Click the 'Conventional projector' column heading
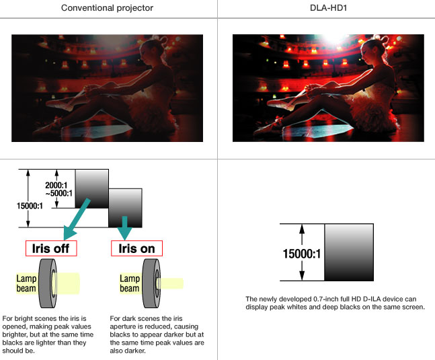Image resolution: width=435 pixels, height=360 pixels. click(x=108, y=8)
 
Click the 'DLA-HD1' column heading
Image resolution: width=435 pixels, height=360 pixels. click(x=326, y=8)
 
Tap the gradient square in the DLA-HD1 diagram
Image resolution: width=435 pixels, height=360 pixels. click(x=348, y=252)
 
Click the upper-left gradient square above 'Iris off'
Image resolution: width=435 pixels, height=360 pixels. click(x=91, y=188)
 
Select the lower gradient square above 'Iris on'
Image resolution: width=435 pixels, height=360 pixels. click(x=124, y=207)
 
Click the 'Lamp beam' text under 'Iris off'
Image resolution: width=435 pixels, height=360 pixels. click(x=28, y=281)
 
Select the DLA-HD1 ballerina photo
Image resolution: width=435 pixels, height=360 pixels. click(x=325, y=88)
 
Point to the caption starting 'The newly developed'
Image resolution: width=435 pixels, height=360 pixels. click(x=326, y=303)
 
